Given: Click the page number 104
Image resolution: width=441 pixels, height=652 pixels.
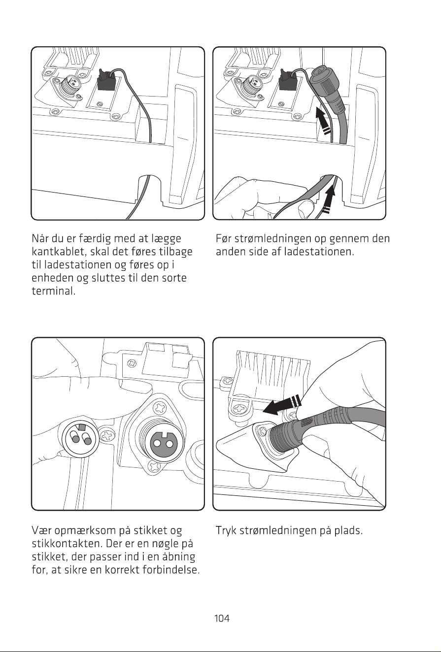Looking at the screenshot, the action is coord(222,618).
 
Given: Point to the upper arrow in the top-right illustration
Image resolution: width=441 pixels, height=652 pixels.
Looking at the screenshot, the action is coord(324,120).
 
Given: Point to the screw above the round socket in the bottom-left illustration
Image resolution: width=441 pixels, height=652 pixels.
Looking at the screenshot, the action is coord(160,408).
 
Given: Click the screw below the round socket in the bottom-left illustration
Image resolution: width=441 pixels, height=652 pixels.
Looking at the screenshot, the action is coord(154,466).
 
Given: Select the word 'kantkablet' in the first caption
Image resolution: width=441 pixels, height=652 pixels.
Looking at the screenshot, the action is coord(58,252).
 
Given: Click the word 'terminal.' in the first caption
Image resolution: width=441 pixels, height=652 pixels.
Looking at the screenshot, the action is coord(54,291).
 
